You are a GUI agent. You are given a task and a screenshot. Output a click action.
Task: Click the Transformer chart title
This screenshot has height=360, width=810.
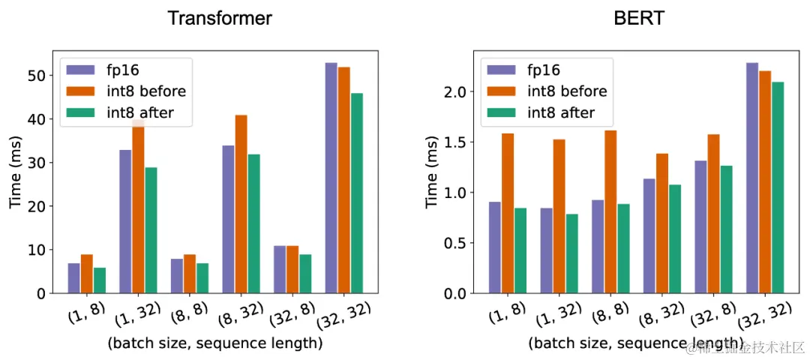[219, 18]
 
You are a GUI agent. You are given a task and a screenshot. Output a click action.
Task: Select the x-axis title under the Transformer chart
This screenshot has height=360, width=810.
[215, 343]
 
